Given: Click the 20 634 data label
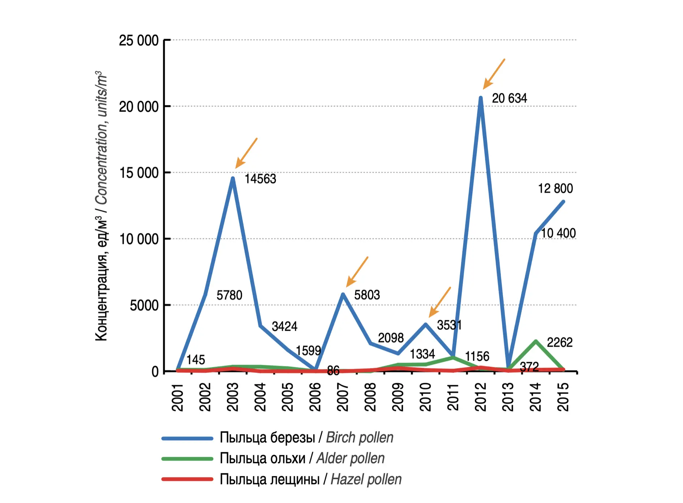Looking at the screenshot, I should point(509,98).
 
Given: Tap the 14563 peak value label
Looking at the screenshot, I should point(260,179).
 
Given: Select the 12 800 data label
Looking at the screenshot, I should point(555,189).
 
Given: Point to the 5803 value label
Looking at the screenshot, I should point(367,295).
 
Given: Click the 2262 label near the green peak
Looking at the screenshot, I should point(559,342).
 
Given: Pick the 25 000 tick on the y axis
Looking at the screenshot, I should point(139,41).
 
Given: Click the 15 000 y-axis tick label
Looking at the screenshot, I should point(139,173).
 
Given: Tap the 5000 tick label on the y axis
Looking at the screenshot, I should point(144,305).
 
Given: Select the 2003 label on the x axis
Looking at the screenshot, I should point(233,397).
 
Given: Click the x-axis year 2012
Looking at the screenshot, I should point(481,397).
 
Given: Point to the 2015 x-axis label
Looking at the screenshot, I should point(563,397).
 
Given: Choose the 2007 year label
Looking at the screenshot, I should point(343,397).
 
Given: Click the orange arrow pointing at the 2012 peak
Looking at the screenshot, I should point(494,74).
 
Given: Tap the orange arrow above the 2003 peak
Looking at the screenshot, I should point(246,153).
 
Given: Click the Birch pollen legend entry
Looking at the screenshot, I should point(306,438).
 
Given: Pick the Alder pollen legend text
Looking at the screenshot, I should point(302,458).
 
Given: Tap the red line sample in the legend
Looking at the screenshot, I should point(187,479).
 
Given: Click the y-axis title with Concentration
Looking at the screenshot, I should point(102,206).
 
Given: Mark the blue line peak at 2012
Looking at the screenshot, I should point(481,98).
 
